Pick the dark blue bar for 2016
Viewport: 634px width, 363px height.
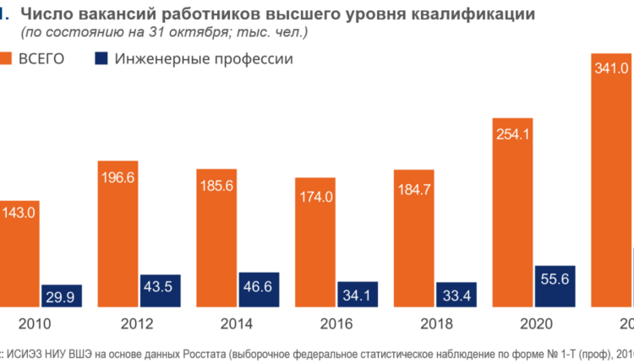coord(358,292)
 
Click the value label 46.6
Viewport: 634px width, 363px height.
coord(260,288)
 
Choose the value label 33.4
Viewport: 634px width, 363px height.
coord(456,295)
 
